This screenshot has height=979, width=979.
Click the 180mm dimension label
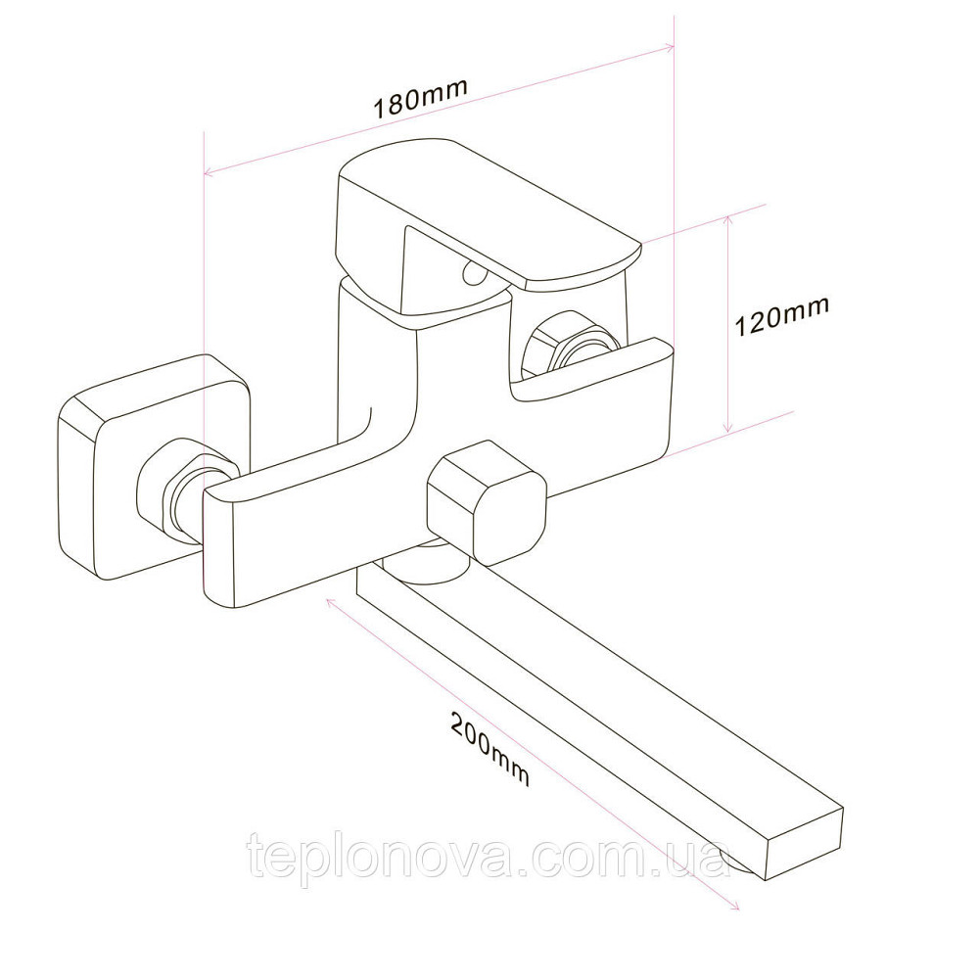pyautogui.click(x=420, y=98)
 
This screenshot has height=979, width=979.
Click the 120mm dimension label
pyautogui.click(x=781, y=316)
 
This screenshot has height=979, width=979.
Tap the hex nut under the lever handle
pyautogui.click(x=572, y=350)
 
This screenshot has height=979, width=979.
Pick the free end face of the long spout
pyautogui.click(x=804, y=842)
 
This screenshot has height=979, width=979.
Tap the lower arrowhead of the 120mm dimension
pyautogui.click(x=727, y=426)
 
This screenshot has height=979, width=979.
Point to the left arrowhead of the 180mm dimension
pyautogui.click(x=210, y=171)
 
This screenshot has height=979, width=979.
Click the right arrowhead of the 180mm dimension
pyautogui.click(x=669, y=47)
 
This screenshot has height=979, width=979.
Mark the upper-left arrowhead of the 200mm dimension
pyautogui.click(x=332, y=603)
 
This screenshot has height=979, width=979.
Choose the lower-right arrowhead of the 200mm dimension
pyautogui.click(x=734, y=906)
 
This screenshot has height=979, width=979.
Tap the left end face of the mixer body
pyautogui.click(x=218, y=548)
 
